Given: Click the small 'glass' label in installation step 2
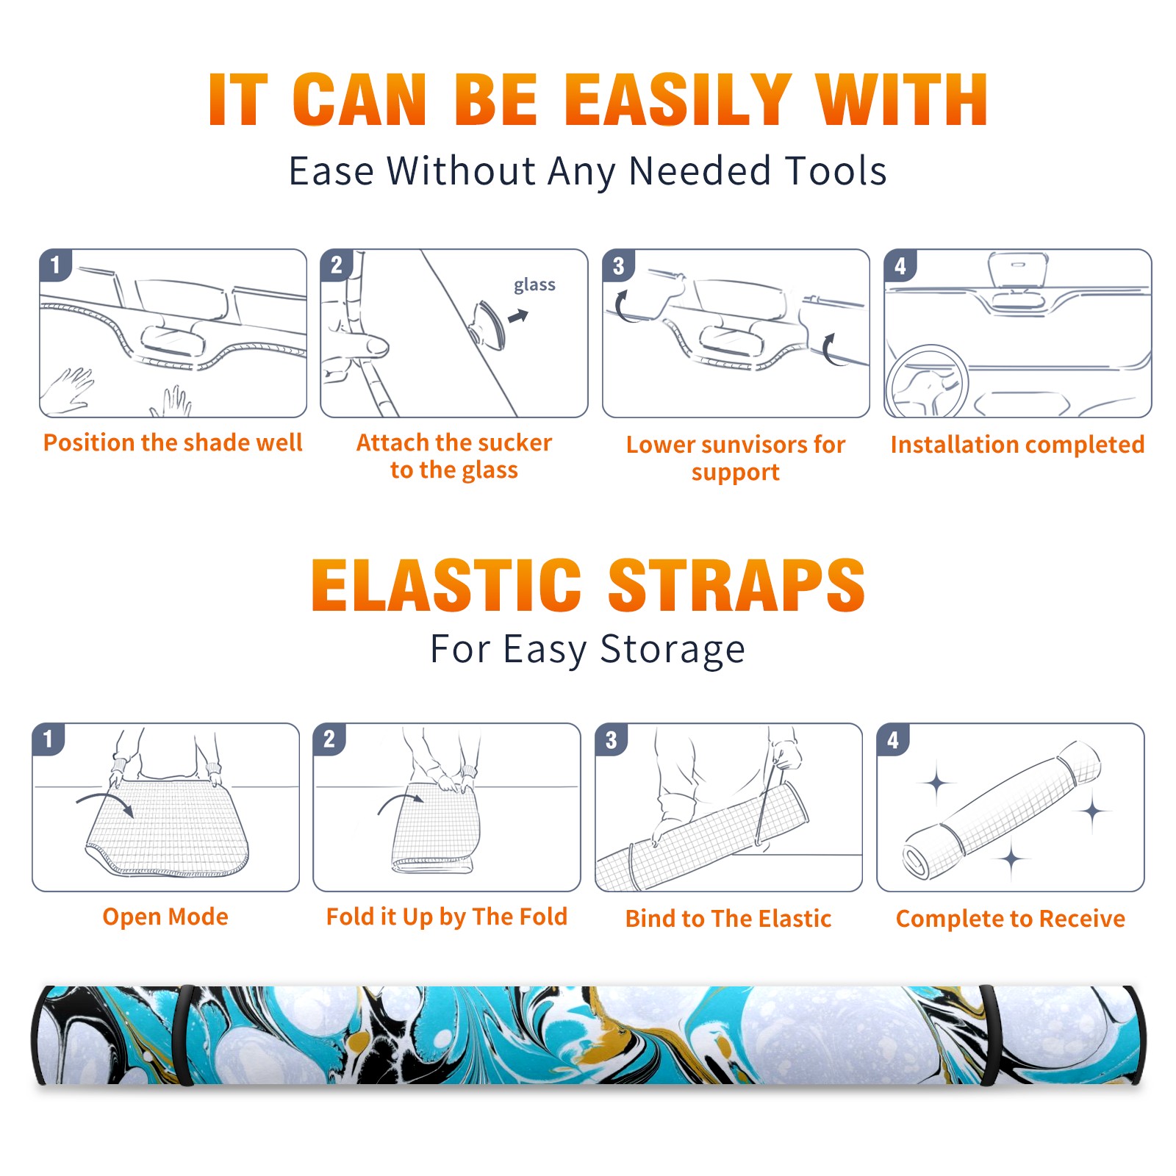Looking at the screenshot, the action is click(534, 284).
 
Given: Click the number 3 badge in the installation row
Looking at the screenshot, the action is click(617, 265).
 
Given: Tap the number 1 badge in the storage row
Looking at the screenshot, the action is click(49, 739).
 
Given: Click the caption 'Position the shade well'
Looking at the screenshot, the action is click(173, 442).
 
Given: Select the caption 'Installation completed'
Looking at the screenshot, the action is click(1017, 444).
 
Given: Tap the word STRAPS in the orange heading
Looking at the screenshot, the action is click(736, 585).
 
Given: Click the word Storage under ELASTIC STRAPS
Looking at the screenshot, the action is click(673, 650).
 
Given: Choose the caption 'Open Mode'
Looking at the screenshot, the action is click(165, 917).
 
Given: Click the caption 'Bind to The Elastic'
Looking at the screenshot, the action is click(728, 918).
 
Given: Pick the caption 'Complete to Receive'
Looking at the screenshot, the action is click(1011, 919).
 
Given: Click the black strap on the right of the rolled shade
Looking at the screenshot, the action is click(989, 1035).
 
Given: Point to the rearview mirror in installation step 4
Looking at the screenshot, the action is click(1018, 270).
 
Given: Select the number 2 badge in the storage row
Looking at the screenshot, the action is click(329, 739).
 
